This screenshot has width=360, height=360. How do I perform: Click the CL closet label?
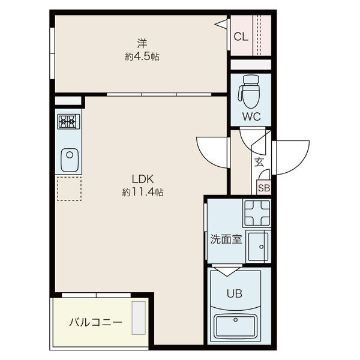241,37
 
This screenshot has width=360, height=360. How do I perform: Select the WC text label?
251,117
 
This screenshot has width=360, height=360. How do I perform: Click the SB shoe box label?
263,187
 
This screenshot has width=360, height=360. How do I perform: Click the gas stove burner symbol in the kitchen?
68,122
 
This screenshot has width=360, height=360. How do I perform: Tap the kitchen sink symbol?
69,160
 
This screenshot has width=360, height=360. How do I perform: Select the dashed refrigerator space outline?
68,188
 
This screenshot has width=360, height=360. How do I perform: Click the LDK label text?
143,179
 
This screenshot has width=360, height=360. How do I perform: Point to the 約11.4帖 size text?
143,193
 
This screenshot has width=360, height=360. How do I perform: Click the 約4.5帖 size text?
142,57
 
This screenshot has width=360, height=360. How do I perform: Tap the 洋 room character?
142,43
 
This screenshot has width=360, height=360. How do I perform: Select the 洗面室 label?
226,239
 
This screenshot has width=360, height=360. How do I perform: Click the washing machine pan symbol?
257,212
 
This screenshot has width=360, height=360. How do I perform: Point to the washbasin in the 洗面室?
259,246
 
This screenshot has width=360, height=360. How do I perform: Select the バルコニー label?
95,322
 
